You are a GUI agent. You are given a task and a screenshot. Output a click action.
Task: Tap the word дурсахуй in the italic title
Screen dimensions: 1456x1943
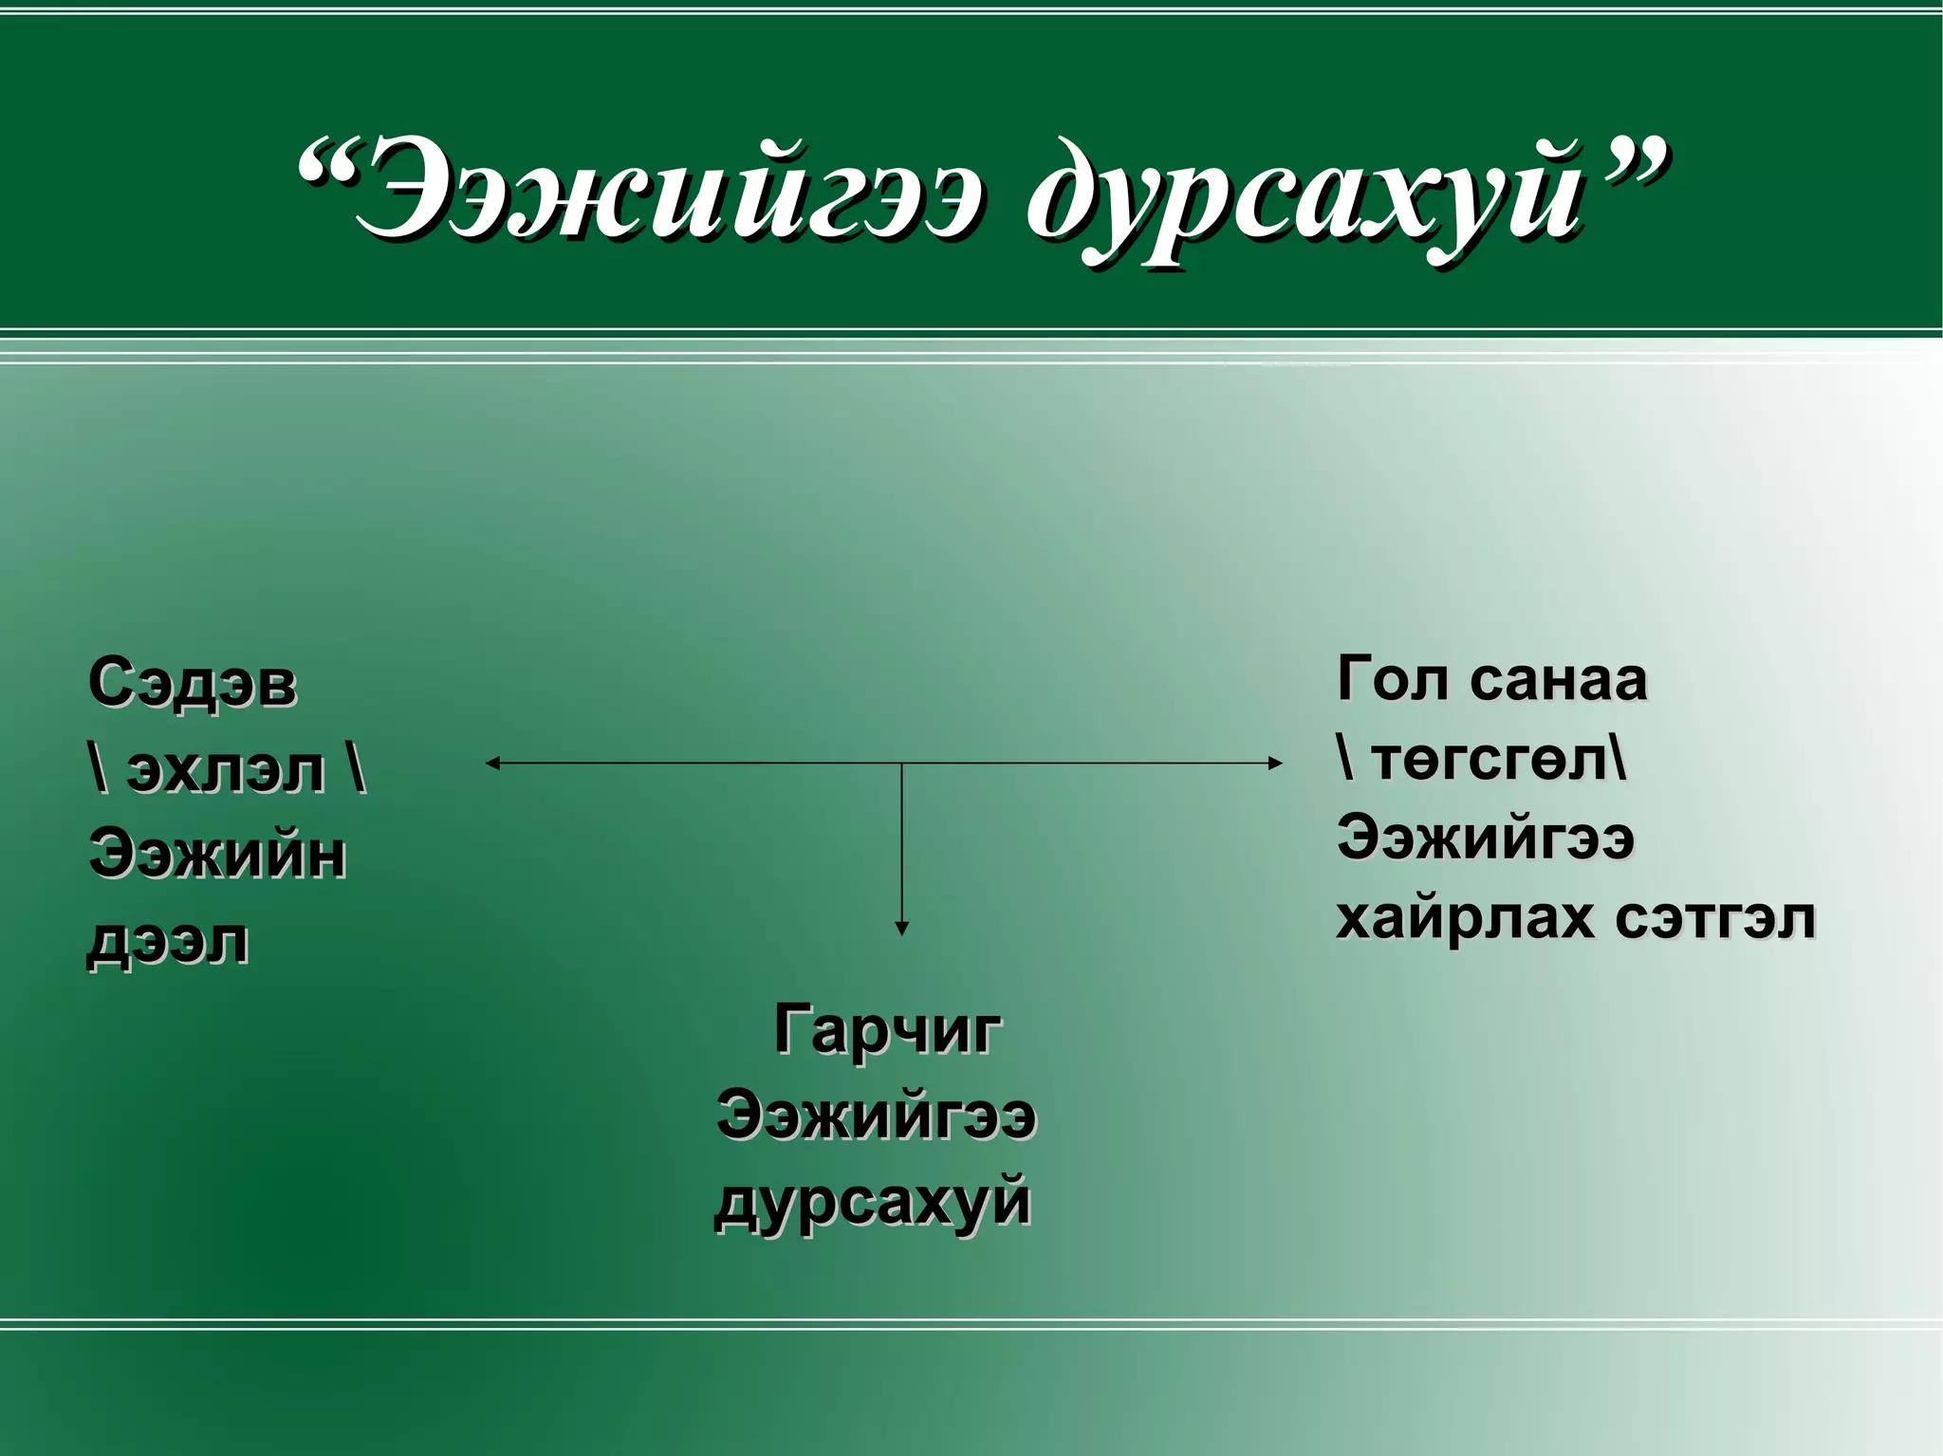click(x=1305, y=194)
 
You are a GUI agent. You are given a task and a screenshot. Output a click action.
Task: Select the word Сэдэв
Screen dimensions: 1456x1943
click(x=192, y=683)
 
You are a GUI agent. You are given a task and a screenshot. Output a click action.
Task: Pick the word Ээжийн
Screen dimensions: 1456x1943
click(x=217, y=854)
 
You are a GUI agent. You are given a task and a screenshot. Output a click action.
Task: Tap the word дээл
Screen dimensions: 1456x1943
click(x=168, y=942)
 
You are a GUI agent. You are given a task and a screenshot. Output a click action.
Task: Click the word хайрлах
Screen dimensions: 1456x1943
click(x=1465, y=919)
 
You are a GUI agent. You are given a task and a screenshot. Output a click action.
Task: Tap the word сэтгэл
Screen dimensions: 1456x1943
click(x=1714, y=918)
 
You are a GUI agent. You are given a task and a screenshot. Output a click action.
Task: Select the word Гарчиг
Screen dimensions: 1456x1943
click(x=887, y=1029)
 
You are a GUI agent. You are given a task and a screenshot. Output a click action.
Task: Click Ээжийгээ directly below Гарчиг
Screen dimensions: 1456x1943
click(x=876, y=1115)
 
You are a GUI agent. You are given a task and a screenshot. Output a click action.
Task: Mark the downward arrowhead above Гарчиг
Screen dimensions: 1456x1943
click(x=902, y=929)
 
